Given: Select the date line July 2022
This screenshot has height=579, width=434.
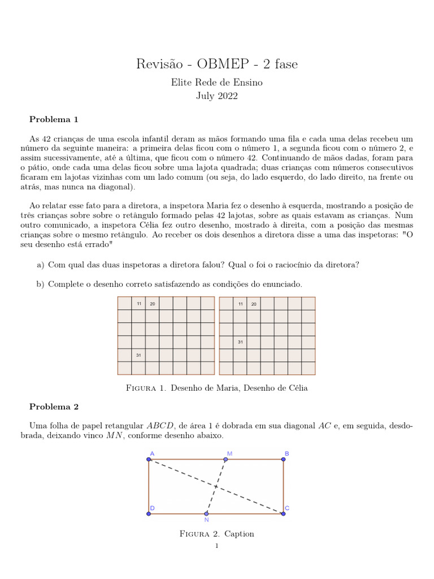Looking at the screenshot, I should (216, 96).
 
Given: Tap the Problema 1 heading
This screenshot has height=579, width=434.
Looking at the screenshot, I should (54, 119).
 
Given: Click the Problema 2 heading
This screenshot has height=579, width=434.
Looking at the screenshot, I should (54, 407).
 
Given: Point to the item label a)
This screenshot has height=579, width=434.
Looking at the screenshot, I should (40, 265).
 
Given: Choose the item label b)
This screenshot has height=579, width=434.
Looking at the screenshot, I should (40, 284).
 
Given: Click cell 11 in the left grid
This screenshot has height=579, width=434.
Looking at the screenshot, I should (138, 304).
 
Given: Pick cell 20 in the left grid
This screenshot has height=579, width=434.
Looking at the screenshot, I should (152, 304).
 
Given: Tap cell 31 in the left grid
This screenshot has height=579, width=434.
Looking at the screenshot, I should (138, 355).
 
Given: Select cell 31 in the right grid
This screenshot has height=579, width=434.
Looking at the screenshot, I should (240, 342).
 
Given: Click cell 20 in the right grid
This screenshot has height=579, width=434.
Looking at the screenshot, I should (254, 304).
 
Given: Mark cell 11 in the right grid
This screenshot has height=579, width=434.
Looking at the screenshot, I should (240, 304).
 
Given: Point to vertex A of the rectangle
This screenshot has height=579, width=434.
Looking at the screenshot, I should (149, 459).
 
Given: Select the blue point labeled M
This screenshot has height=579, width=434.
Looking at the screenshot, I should (225, 459).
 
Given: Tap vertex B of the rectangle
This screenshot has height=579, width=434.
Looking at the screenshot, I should (283, 459).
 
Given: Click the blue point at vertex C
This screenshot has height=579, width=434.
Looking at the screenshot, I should (283, 513).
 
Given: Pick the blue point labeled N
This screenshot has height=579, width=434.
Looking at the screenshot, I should (206, 513).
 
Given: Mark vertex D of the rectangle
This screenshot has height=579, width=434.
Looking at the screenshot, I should (149, 513).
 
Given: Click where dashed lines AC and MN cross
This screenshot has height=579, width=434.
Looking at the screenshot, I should (216, 486).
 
